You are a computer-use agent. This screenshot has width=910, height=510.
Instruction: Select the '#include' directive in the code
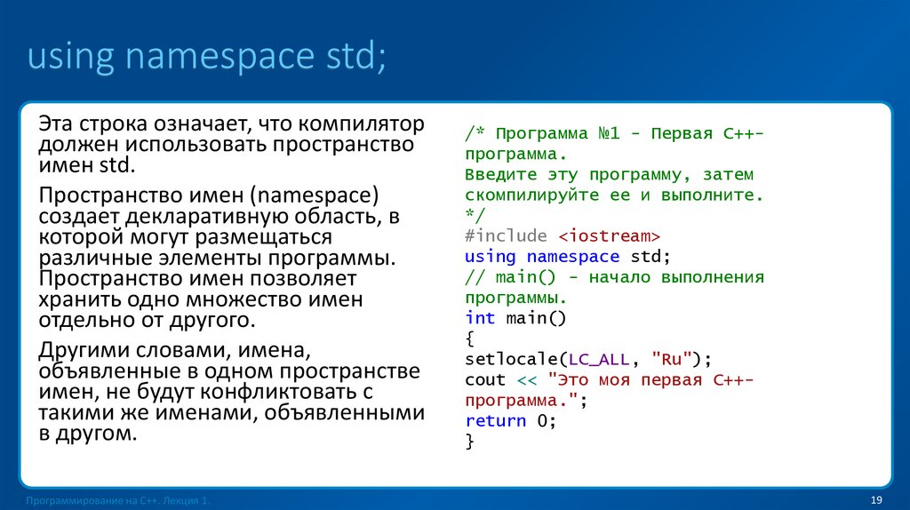(x=507, y=236)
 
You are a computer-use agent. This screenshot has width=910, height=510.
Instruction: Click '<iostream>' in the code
(x=610, y=236)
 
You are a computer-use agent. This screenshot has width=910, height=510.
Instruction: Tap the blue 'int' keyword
(x=480, y=318)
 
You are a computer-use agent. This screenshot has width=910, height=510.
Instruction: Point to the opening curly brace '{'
(x=469, y=339)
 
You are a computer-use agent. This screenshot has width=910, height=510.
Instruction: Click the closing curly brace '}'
(x=469, y=442)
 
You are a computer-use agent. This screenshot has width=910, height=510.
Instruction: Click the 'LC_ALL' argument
(x=598, y=359)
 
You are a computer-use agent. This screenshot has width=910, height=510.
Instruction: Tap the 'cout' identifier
(x=485, y=379)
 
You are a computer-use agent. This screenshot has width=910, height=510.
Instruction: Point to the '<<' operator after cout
(x=527, y=379)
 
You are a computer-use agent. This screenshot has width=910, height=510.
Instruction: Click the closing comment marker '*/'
(x=475, y=216)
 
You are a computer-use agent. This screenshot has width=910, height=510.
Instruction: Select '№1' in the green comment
(x=609, y=133)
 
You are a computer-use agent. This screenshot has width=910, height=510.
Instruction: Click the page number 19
(x=875, y=501)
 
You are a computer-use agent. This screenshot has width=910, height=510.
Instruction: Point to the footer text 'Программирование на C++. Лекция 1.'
(x=118, y=502)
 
